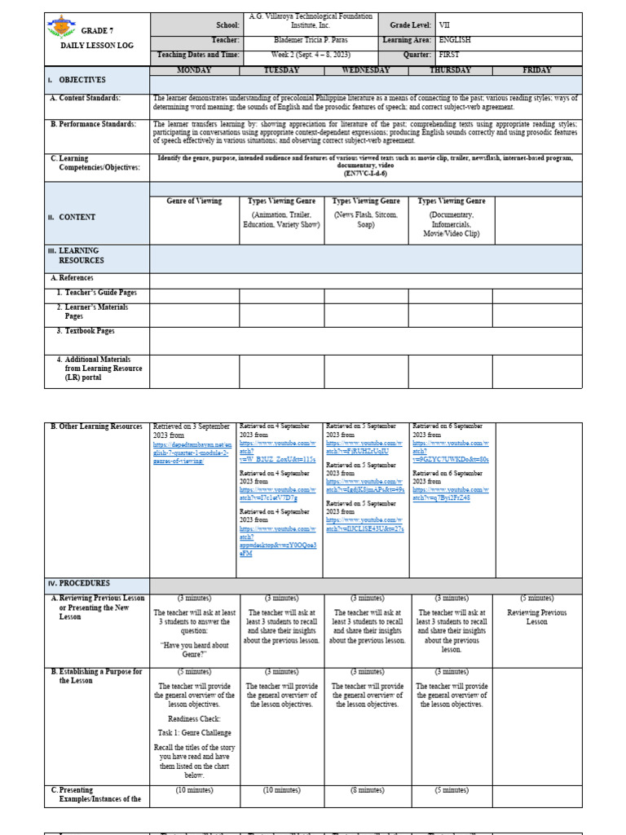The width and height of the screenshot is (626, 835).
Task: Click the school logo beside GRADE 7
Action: click(61, 29)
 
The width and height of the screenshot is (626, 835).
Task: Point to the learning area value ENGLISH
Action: click(455, 39)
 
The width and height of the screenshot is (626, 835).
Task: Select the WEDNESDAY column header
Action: click(366, 70)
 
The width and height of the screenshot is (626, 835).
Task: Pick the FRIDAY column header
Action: click(536, 70)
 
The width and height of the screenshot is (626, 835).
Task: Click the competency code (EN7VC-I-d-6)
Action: click(365, 173)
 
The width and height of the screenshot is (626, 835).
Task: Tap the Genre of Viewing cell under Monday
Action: click(194, 201)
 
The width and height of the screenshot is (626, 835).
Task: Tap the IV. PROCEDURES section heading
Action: click(81, 583)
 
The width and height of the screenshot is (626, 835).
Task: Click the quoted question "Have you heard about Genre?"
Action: click(193, 649)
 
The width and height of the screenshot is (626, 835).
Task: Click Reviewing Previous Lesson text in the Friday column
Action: click(536, 616)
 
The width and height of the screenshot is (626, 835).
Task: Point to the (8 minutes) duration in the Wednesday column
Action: click(366, 790)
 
